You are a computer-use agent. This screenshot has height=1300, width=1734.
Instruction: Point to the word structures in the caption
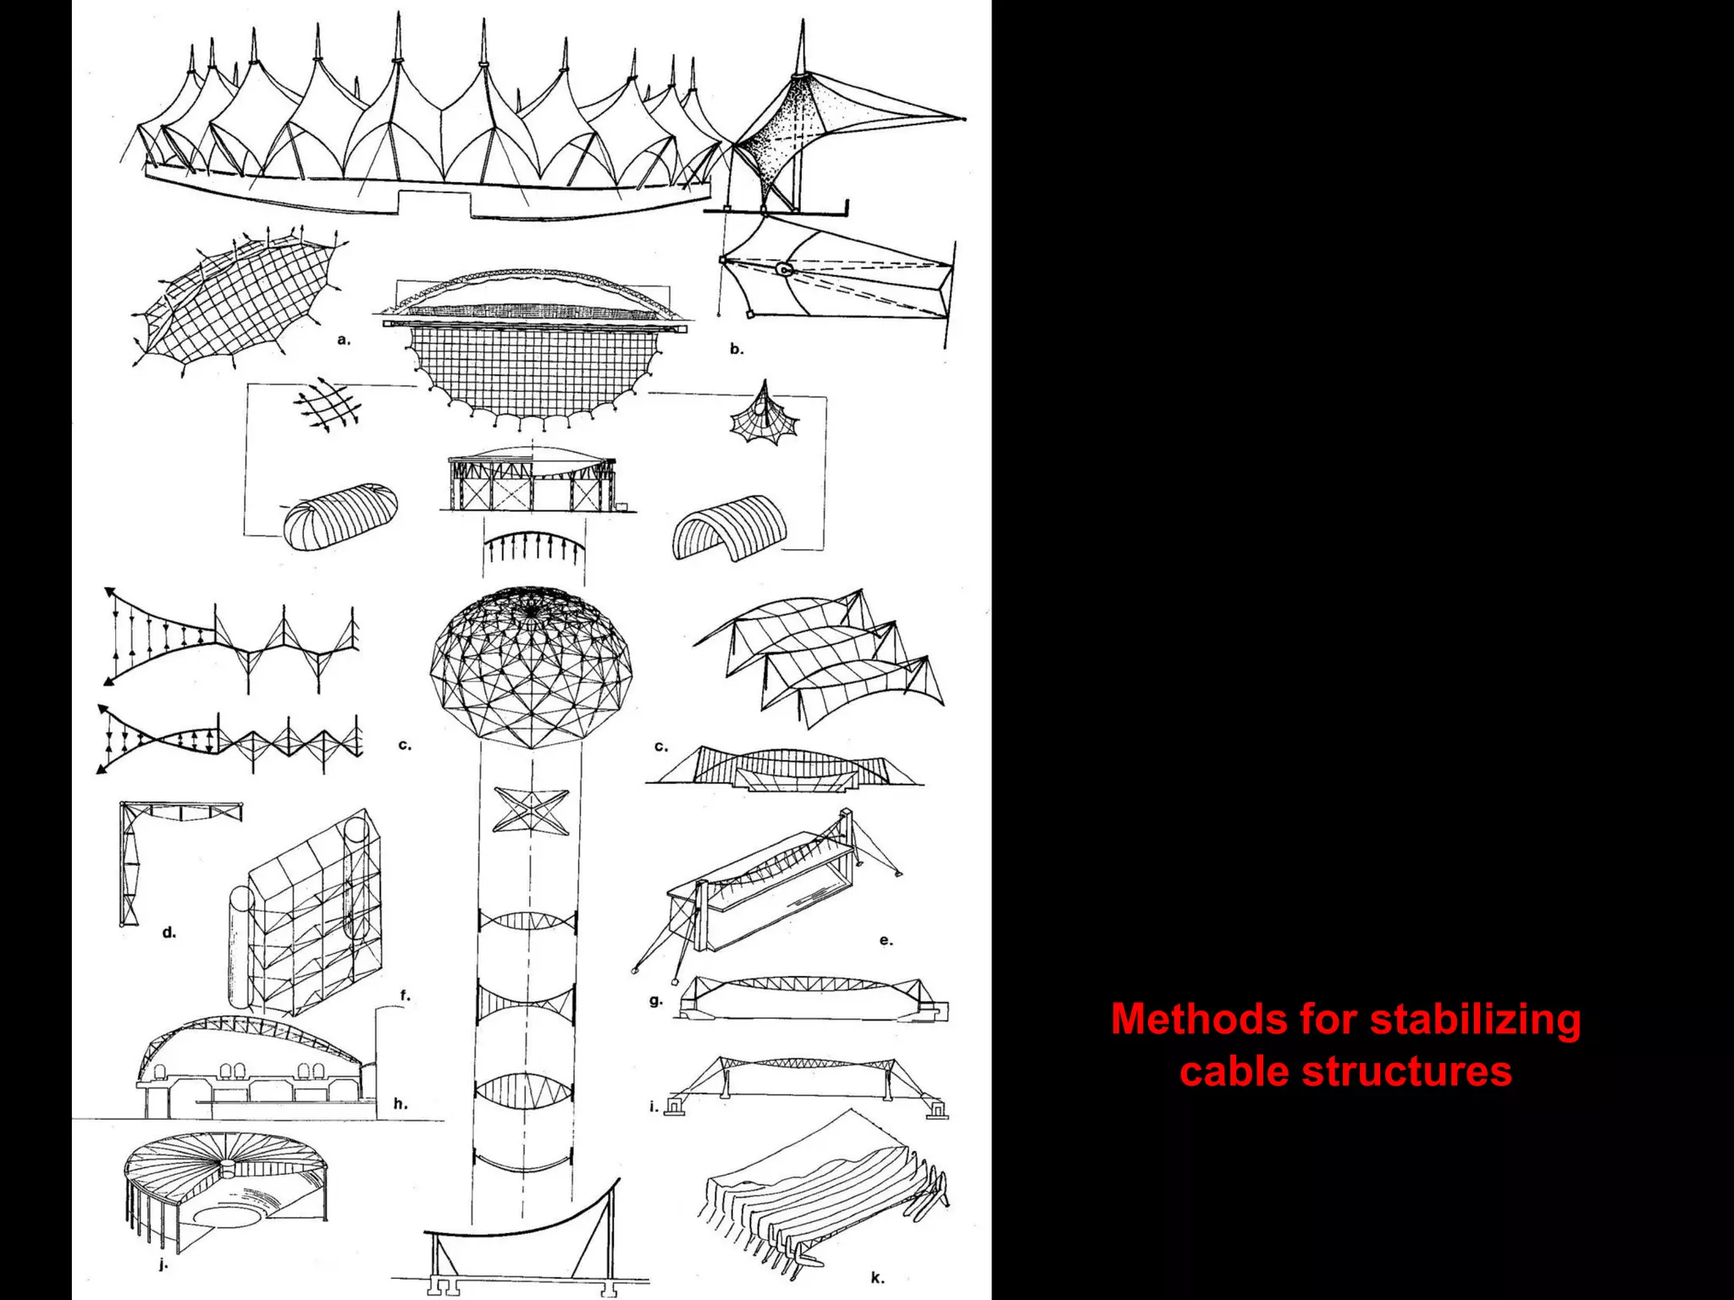1405,1071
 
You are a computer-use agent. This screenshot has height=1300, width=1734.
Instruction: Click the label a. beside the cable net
343,340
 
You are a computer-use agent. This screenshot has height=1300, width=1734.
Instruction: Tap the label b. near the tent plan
737,349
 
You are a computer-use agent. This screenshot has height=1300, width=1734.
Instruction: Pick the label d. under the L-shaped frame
169,933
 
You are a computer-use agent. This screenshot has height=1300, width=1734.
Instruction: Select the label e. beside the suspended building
886,940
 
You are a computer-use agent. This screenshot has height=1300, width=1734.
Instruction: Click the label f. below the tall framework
405,996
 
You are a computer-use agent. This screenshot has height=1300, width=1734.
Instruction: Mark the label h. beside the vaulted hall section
400,1104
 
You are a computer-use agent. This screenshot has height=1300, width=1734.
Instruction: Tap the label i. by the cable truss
653,1106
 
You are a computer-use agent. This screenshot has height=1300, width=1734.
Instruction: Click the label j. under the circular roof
163,1264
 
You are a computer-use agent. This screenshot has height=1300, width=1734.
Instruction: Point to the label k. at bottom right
876,1278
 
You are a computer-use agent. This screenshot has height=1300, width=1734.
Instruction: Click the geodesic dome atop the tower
531,669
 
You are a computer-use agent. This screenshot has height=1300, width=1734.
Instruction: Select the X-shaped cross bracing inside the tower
530,810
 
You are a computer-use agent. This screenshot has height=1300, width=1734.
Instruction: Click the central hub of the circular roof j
228,1169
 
